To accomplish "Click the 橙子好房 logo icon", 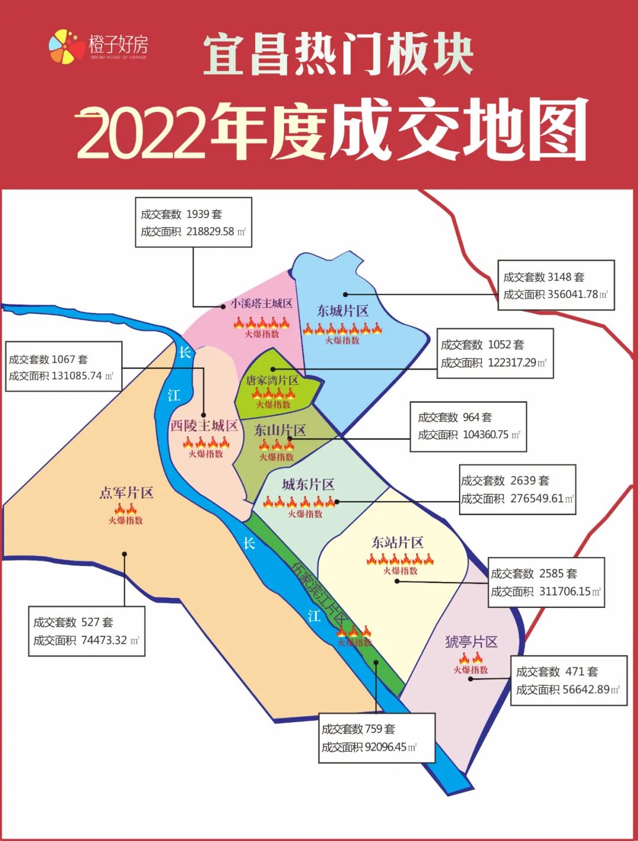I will pos(67,46).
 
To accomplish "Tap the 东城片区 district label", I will pos(343,311).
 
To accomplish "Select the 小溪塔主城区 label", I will pos(261,303).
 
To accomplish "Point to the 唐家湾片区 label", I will pos(272,380).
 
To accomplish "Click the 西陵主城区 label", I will pos(204,426).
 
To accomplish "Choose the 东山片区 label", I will pos(279,430).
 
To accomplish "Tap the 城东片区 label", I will pos(308,485).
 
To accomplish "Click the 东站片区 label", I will pos(398,542).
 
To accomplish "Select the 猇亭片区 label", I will pos(471,642).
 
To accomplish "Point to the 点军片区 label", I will pos(126,493).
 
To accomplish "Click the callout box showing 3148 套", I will pos(555,285).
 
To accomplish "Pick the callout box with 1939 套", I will pos(193,222).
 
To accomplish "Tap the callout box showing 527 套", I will pos(86,631).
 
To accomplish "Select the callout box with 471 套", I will pos(568,680).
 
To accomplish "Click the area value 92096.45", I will pos(386,747).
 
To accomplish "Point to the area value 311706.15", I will pos(564,591).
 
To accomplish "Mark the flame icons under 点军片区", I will pos(125,509).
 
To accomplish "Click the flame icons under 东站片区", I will pos(400,559).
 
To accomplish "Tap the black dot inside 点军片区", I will pos(125,554).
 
